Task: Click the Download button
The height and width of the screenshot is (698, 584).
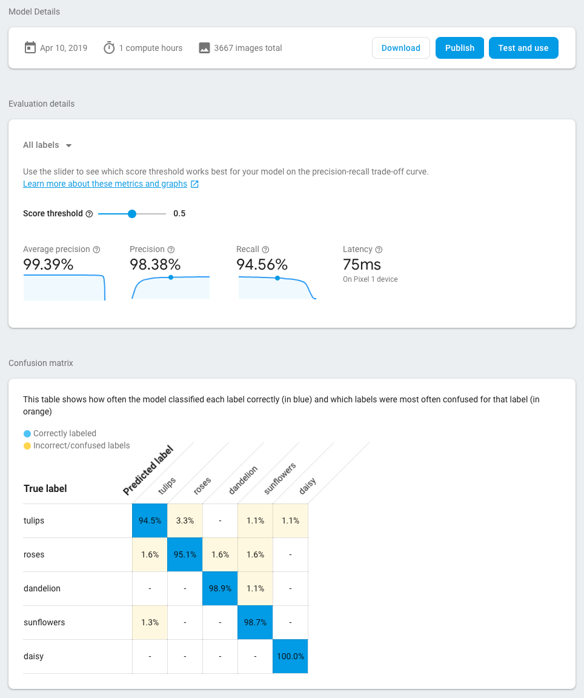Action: point(400,48)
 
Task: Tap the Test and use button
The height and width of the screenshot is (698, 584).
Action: point(523,48)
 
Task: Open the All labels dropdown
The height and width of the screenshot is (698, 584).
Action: point(48,145)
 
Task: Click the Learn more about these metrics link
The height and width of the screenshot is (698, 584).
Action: point(105,184)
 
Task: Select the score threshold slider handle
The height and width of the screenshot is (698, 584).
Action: point(132,213)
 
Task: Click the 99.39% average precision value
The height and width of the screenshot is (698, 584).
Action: point(48,265)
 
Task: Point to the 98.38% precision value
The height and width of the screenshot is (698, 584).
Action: point(155,265)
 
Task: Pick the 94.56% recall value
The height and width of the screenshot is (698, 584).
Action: point(262,265)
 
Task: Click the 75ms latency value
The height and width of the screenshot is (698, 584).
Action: point(362,265)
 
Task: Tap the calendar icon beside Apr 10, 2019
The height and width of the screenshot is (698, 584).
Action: point(30,48)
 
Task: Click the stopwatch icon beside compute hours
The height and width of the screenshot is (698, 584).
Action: point(109,48)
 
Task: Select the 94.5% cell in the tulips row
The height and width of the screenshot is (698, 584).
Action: point(150,520)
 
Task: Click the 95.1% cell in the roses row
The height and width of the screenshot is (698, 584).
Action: point(185,554)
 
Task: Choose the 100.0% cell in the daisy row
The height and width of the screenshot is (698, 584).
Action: point(290,656)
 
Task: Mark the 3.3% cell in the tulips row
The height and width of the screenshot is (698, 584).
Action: point(185,520)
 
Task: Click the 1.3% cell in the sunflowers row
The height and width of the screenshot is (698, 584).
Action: point(150,622)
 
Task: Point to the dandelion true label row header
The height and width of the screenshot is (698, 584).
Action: point(42,588)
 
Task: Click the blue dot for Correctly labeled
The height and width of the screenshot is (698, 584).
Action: point(27,434)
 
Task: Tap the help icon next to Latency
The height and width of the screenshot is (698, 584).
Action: point(379,250)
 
